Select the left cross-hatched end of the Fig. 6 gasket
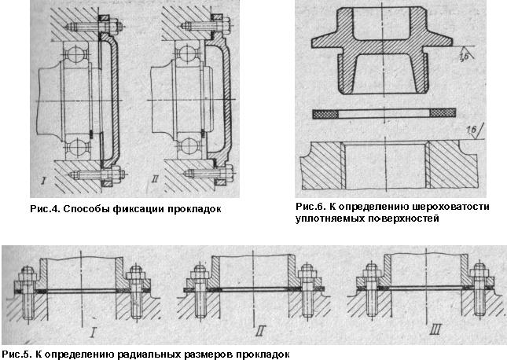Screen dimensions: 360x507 [325, 113]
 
